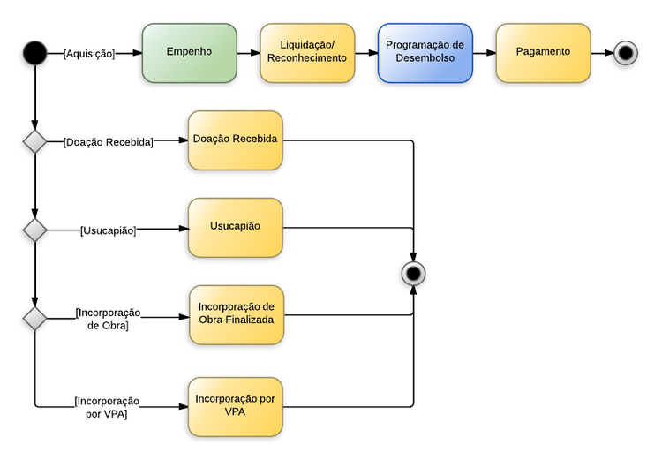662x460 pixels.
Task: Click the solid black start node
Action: (34, 53)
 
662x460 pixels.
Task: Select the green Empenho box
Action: (189, 53)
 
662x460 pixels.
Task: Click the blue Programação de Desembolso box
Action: (425, 53)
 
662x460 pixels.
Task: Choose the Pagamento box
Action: (543, 53)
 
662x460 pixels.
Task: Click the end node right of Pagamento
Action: (626, 53)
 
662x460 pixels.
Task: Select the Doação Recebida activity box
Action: (235, 140)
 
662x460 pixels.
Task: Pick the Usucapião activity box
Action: (235, 228)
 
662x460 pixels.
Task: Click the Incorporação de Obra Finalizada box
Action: (236, 314)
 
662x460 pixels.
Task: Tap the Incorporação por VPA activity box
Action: (236, 406)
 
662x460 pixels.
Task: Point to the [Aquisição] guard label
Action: (89, 54)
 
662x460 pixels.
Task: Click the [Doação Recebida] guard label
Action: (108, 141)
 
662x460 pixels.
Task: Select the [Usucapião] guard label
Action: (108, 230)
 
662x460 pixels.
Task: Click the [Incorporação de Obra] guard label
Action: (108, 319)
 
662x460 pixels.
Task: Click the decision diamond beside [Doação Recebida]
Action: (34, 141)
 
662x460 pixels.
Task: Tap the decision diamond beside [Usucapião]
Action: (34, 230)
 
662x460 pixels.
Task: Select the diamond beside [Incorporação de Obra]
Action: (34, 318)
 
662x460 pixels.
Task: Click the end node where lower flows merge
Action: (412, 273)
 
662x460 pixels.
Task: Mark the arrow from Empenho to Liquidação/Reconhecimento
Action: (248, 54)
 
